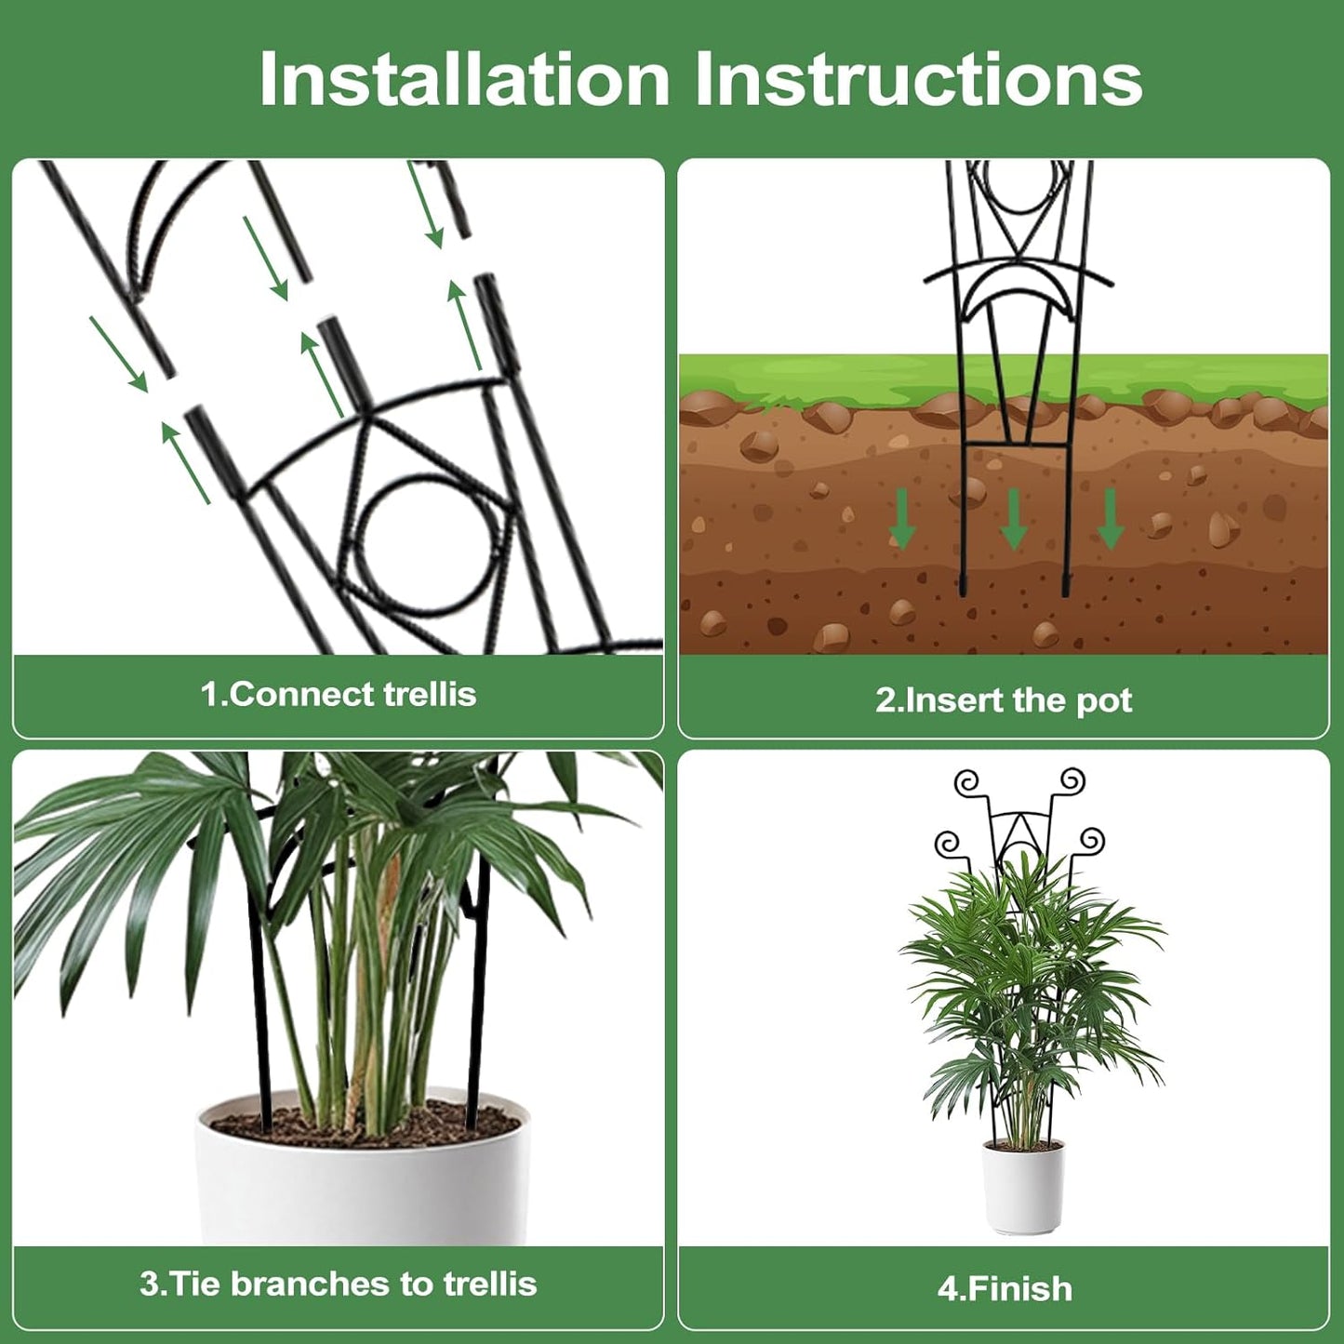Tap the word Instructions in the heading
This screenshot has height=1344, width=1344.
918,79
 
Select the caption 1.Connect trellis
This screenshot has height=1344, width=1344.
339,694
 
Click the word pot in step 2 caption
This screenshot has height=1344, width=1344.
1104,700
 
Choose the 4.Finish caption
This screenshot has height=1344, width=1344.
1005,1289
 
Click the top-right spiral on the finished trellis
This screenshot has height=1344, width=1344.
1073,780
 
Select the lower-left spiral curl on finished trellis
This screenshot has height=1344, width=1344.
948,844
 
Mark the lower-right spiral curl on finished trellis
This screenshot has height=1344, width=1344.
1091,842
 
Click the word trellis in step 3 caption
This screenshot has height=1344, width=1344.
489,1284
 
